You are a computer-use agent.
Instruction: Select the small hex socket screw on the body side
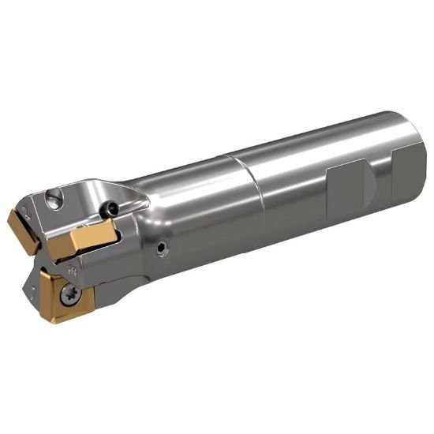pyautogui.click(x=163, y=249)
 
